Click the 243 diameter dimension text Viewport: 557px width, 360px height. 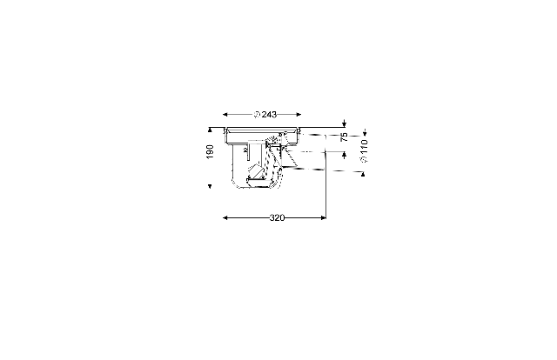coord(265,115)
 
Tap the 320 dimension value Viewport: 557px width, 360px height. coord(277,217)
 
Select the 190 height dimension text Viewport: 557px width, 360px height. coord(210,152)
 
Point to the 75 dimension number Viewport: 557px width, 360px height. coord(345,137)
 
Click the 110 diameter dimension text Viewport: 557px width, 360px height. coord(364,151)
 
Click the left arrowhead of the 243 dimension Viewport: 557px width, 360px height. coord(225,114)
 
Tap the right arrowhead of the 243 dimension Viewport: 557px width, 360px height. coord(299,114)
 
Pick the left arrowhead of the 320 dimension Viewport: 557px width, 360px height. coord(225,217)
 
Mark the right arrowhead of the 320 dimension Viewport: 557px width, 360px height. coord(323,217)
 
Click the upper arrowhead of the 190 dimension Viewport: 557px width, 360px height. coord(210,130)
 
